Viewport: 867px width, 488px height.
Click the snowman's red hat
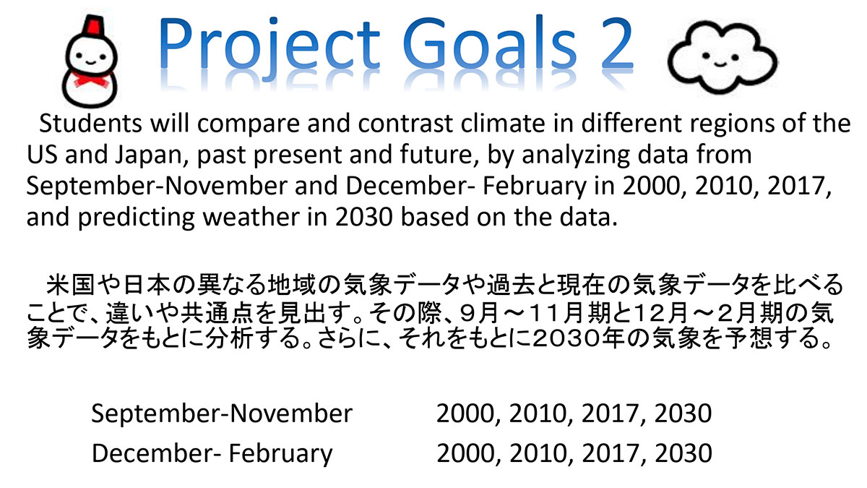[93, 26]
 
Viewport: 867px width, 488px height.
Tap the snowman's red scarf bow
[91, 80]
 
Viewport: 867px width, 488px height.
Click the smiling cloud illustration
[722, 57]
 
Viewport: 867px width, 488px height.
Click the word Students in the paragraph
[90, 123]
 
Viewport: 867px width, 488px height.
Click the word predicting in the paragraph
[137, 218]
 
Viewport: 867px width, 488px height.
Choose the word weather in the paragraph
[251, 218]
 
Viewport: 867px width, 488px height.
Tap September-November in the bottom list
[222, 414]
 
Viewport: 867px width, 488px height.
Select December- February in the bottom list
[212, 454]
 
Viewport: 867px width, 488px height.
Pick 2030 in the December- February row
[683, 453]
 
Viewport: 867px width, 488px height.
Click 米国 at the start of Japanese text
[71, 284]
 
